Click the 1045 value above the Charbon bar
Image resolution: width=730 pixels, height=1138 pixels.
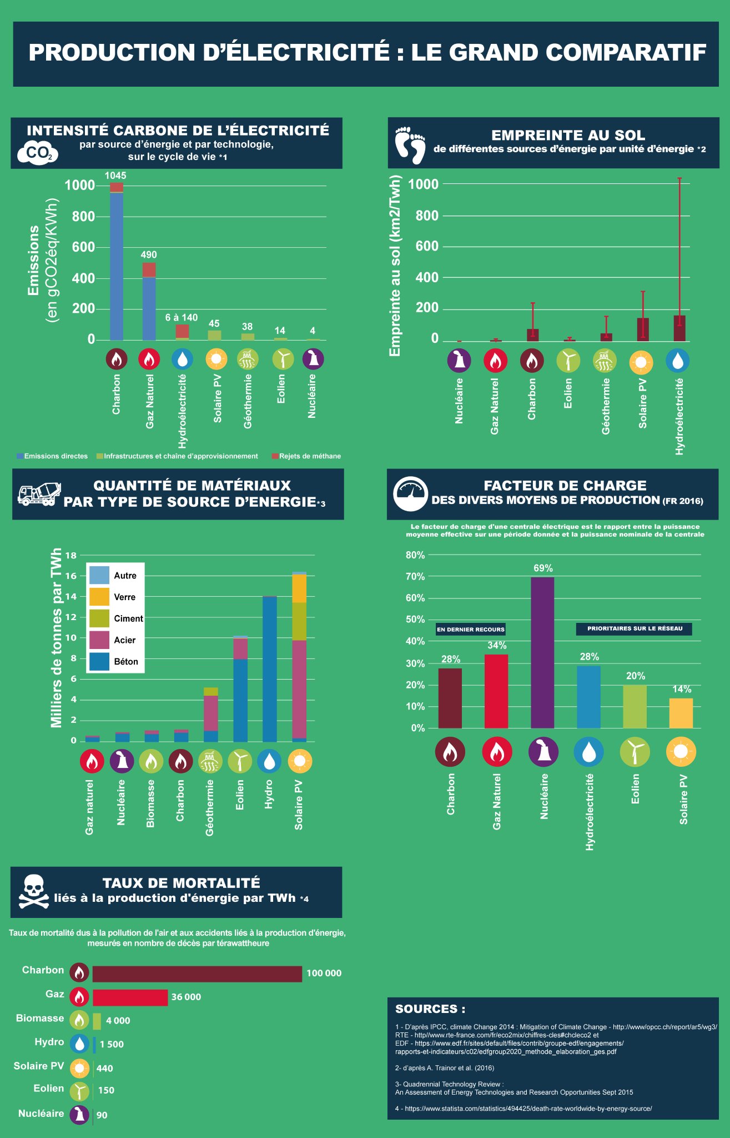[x=115, y=176]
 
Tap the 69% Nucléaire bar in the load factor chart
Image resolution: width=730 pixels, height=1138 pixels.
[x=542, y=653]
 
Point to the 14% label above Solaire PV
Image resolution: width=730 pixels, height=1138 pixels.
[x=682, y=689]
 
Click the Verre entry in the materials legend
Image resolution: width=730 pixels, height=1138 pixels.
[x=124, y=597]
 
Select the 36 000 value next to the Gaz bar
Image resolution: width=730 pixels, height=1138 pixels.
[x=186, y=997]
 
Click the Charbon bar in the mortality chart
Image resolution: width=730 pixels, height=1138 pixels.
[x=197, y=974]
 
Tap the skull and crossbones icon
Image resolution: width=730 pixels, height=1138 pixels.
[x=33, y=892]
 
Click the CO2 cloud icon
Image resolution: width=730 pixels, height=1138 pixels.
[x=38, y=153]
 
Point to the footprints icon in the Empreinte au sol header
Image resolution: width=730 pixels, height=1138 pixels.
[x=410, y=144]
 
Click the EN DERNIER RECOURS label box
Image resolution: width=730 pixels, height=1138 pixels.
[x=471, y=629]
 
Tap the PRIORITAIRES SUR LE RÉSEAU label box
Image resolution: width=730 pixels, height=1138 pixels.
[x=635, y=628]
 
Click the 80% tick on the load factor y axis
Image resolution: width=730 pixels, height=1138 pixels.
[x=415, y=555]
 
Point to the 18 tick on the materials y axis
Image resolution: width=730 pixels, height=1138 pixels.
[x=71, y=555]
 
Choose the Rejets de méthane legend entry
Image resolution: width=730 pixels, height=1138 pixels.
[x=309, y=456]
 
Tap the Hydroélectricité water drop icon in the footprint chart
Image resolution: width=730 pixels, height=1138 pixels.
[x=677, y=361]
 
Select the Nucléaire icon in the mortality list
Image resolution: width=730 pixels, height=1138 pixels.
[x=79, y=1114]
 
